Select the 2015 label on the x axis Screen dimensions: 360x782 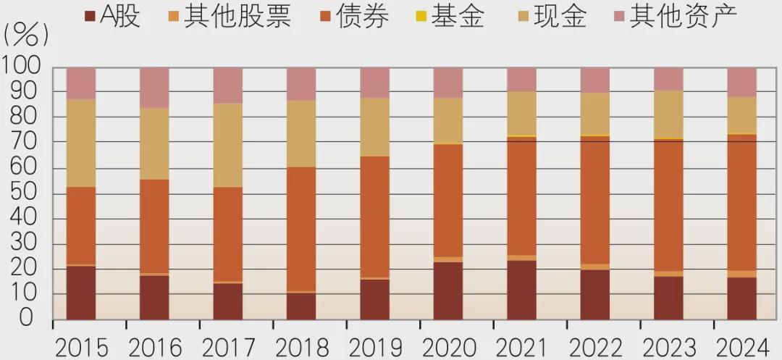point(80,346)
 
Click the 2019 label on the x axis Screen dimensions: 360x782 point(374,346)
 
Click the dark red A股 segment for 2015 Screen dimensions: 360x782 point(81,293)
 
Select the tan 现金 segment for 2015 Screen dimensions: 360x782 point(81,143)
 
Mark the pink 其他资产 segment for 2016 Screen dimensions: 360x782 point(154,88)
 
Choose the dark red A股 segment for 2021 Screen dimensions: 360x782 point(521,290)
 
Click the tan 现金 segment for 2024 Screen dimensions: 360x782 point(741,114)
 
